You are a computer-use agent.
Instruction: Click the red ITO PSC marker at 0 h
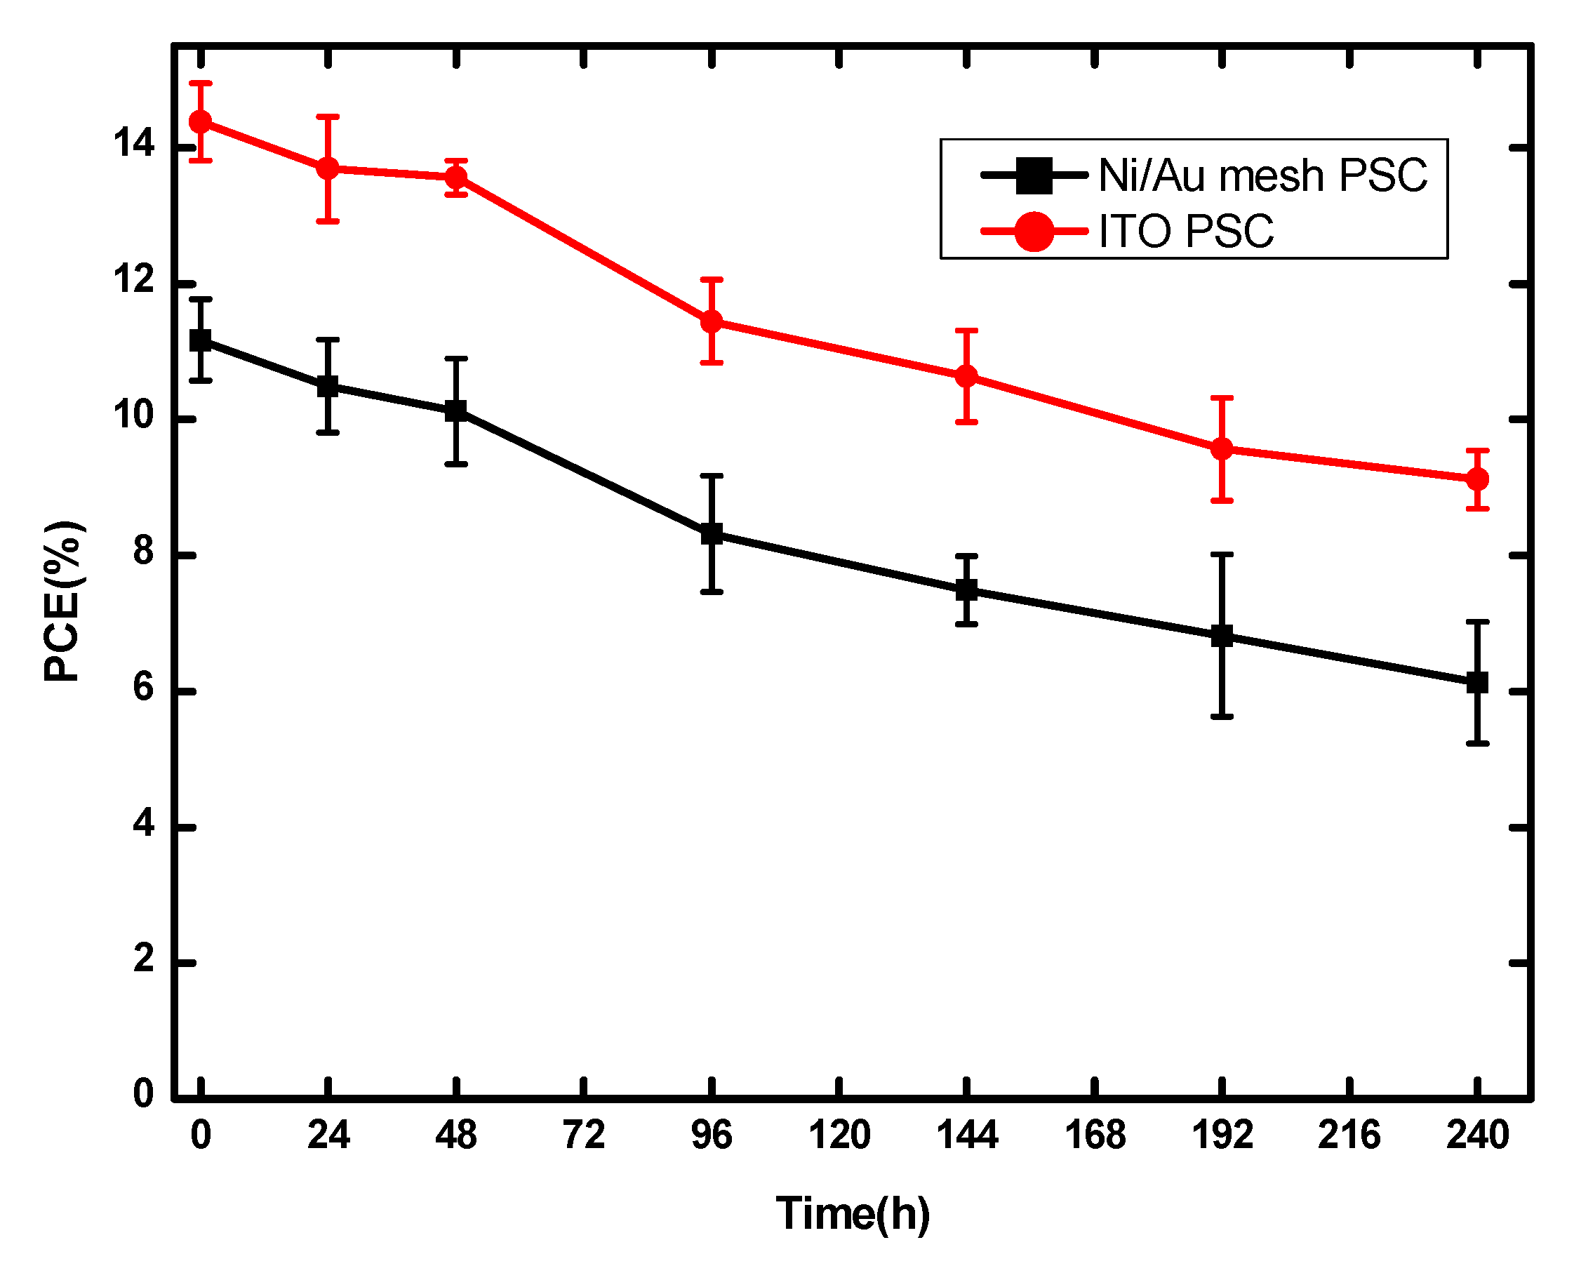(200, 121)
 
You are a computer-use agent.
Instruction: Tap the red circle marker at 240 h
(1476, 479)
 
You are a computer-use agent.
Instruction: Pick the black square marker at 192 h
(1221, 636)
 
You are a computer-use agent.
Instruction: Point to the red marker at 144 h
(966, 376)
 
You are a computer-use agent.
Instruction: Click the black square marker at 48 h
(455, 411)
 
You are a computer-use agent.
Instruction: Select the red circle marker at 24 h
(328, 168)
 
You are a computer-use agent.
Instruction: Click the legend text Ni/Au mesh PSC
(1262, 176)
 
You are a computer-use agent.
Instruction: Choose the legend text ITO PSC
(1185, 232)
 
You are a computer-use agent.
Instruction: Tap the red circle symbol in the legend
(1034, 232)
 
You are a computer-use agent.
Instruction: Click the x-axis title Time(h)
(853, 1213)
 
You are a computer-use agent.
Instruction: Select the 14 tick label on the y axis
(133, 144)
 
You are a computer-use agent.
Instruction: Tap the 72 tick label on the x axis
(584, 1135)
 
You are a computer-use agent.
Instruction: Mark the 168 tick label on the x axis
(1095, 1135)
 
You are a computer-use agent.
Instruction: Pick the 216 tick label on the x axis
(1349, 1135)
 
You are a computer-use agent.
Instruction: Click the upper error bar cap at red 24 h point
(328, 116)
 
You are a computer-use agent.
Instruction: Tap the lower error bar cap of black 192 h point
(1221, 717)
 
